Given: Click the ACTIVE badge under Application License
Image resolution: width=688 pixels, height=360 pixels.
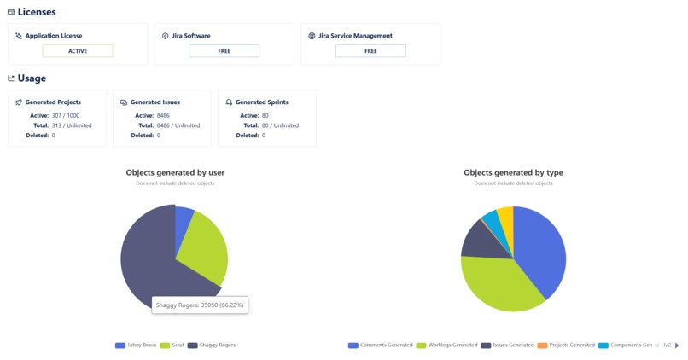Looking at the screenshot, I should tap(77, 51).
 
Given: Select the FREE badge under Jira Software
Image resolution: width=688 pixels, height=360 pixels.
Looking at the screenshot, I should tap(224, 51).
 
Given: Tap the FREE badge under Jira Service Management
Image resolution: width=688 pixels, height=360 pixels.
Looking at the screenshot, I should tap(370, 51).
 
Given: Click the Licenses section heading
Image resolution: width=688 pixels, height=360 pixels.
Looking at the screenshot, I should tap(36, 11).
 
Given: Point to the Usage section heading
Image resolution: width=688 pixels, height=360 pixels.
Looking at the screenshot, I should tap(32, 78).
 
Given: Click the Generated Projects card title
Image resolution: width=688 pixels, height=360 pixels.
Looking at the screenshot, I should tap(53, 102).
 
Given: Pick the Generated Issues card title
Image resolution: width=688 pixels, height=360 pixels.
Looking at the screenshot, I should tap(156, 102).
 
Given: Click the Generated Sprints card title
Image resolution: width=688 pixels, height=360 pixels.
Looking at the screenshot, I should tap(261, 102).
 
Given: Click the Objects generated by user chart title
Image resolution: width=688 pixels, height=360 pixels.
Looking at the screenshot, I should tap(175, 172).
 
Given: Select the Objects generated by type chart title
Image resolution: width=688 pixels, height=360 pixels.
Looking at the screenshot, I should tap(513, 172).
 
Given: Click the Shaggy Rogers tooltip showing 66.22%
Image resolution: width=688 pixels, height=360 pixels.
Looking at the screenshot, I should tap(201, 305).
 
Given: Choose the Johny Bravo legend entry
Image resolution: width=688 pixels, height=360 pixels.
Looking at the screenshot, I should tap(137, 345).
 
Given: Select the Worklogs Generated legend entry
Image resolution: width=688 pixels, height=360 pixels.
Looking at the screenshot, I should tap(446, 345).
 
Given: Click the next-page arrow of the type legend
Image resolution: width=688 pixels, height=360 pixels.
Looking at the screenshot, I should tap(677, 345).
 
